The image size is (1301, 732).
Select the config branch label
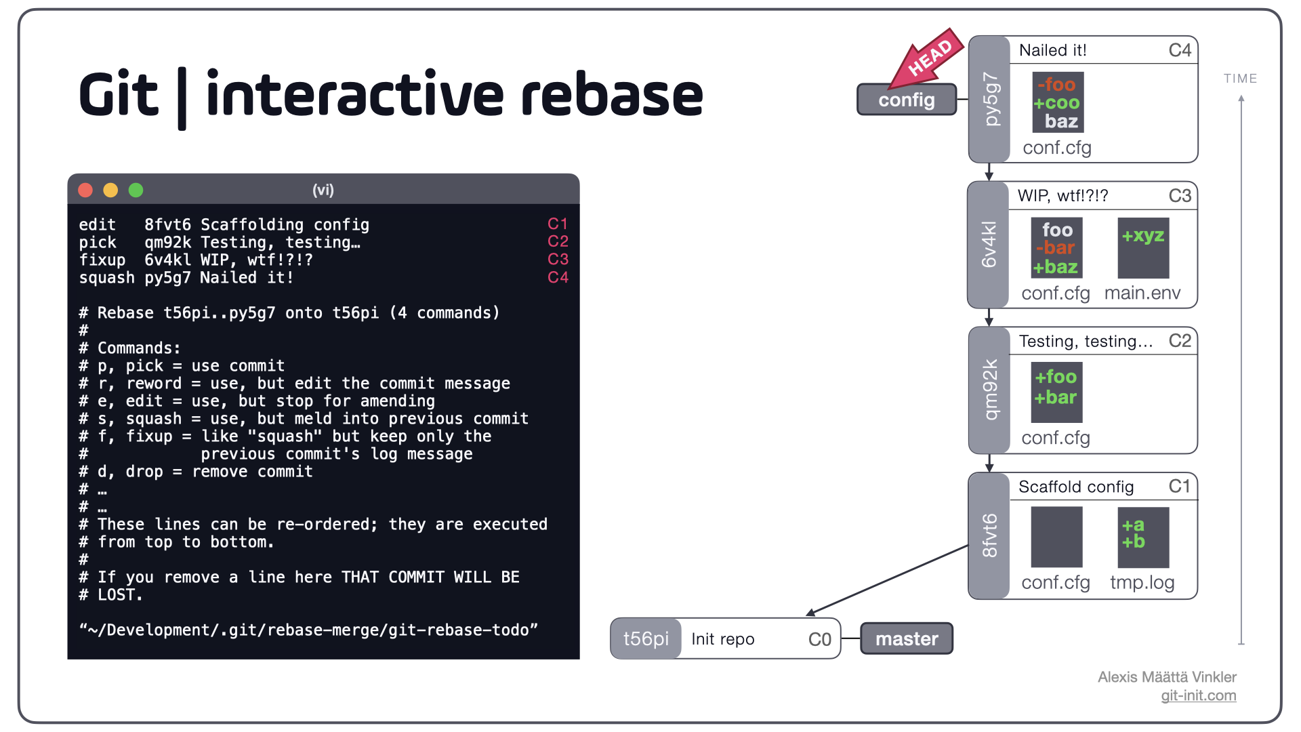point(907,100)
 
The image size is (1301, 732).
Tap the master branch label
point(907,638)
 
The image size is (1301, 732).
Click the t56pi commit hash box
point(646,638)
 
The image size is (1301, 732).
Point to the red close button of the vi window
point(85,190)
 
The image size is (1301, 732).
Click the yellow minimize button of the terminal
point(110,190)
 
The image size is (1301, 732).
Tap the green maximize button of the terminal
point(136,190)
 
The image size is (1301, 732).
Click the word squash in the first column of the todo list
point(106,278)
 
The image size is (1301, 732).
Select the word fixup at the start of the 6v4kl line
point(102,260)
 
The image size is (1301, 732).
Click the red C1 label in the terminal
point(558,224)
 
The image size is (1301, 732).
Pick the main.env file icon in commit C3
point(1143,248)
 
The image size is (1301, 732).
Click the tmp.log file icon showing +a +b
point(1143,537)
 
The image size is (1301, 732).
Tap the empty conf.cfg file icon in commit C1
point(1056,537)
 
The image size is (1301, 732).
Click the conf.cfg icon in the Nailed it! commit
point(1058,102)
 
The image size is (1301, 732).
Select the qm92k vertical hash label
point(990,390)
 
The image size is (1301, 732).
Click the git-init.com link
point(1198,695)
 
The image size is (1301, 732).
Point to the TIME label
point(1240,79)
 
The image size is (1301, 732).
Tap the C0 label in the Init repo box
point(819,639)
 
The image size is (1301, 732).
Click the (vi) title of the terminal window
point(323,190)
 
